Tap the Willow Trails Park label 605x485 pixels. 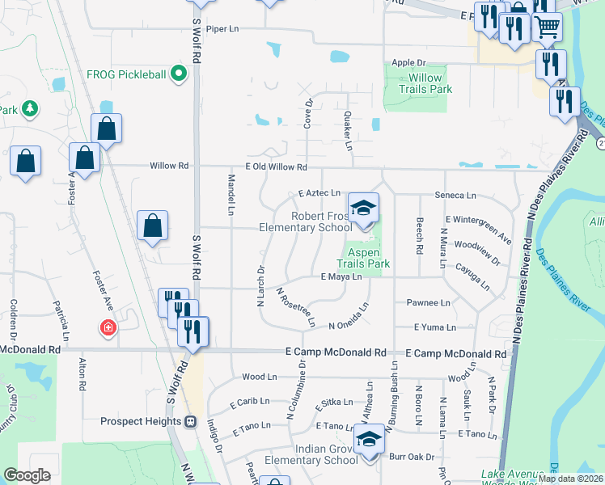[x=425, y=83]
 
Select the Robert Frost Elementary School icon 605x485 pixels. [x=363, y=209]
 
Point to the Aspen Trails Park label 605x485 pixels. [x=368, y=258]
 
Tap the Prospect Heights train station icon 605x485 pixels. [x=191, y=421]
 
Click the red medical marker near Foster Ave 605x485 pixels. [x=107, y=328]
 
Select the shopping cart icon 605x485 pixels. [x=548, y=27]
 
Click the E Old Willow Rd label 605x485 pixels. [x=270, y=167]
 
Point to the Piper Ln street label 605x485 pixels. [x=222, y=28]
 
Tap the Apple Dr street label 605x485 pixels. [x=408, y=62]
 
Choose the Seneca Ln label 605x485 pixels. [x=456, y=196]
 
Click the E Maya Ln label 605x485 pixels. [x=341, y=277]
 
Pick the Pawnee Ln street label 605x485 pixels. [x=428, y=303]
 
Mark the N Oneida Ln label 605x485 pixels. [x=349, y=326]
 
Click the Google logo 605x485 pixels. [x=27, y=475]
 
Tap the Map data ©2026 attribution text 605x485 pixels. [x=570, y=479]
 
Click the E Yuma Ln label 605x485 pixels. [x=435, y=327]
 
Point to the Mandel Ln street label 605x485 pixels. [x=231, y=194]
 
